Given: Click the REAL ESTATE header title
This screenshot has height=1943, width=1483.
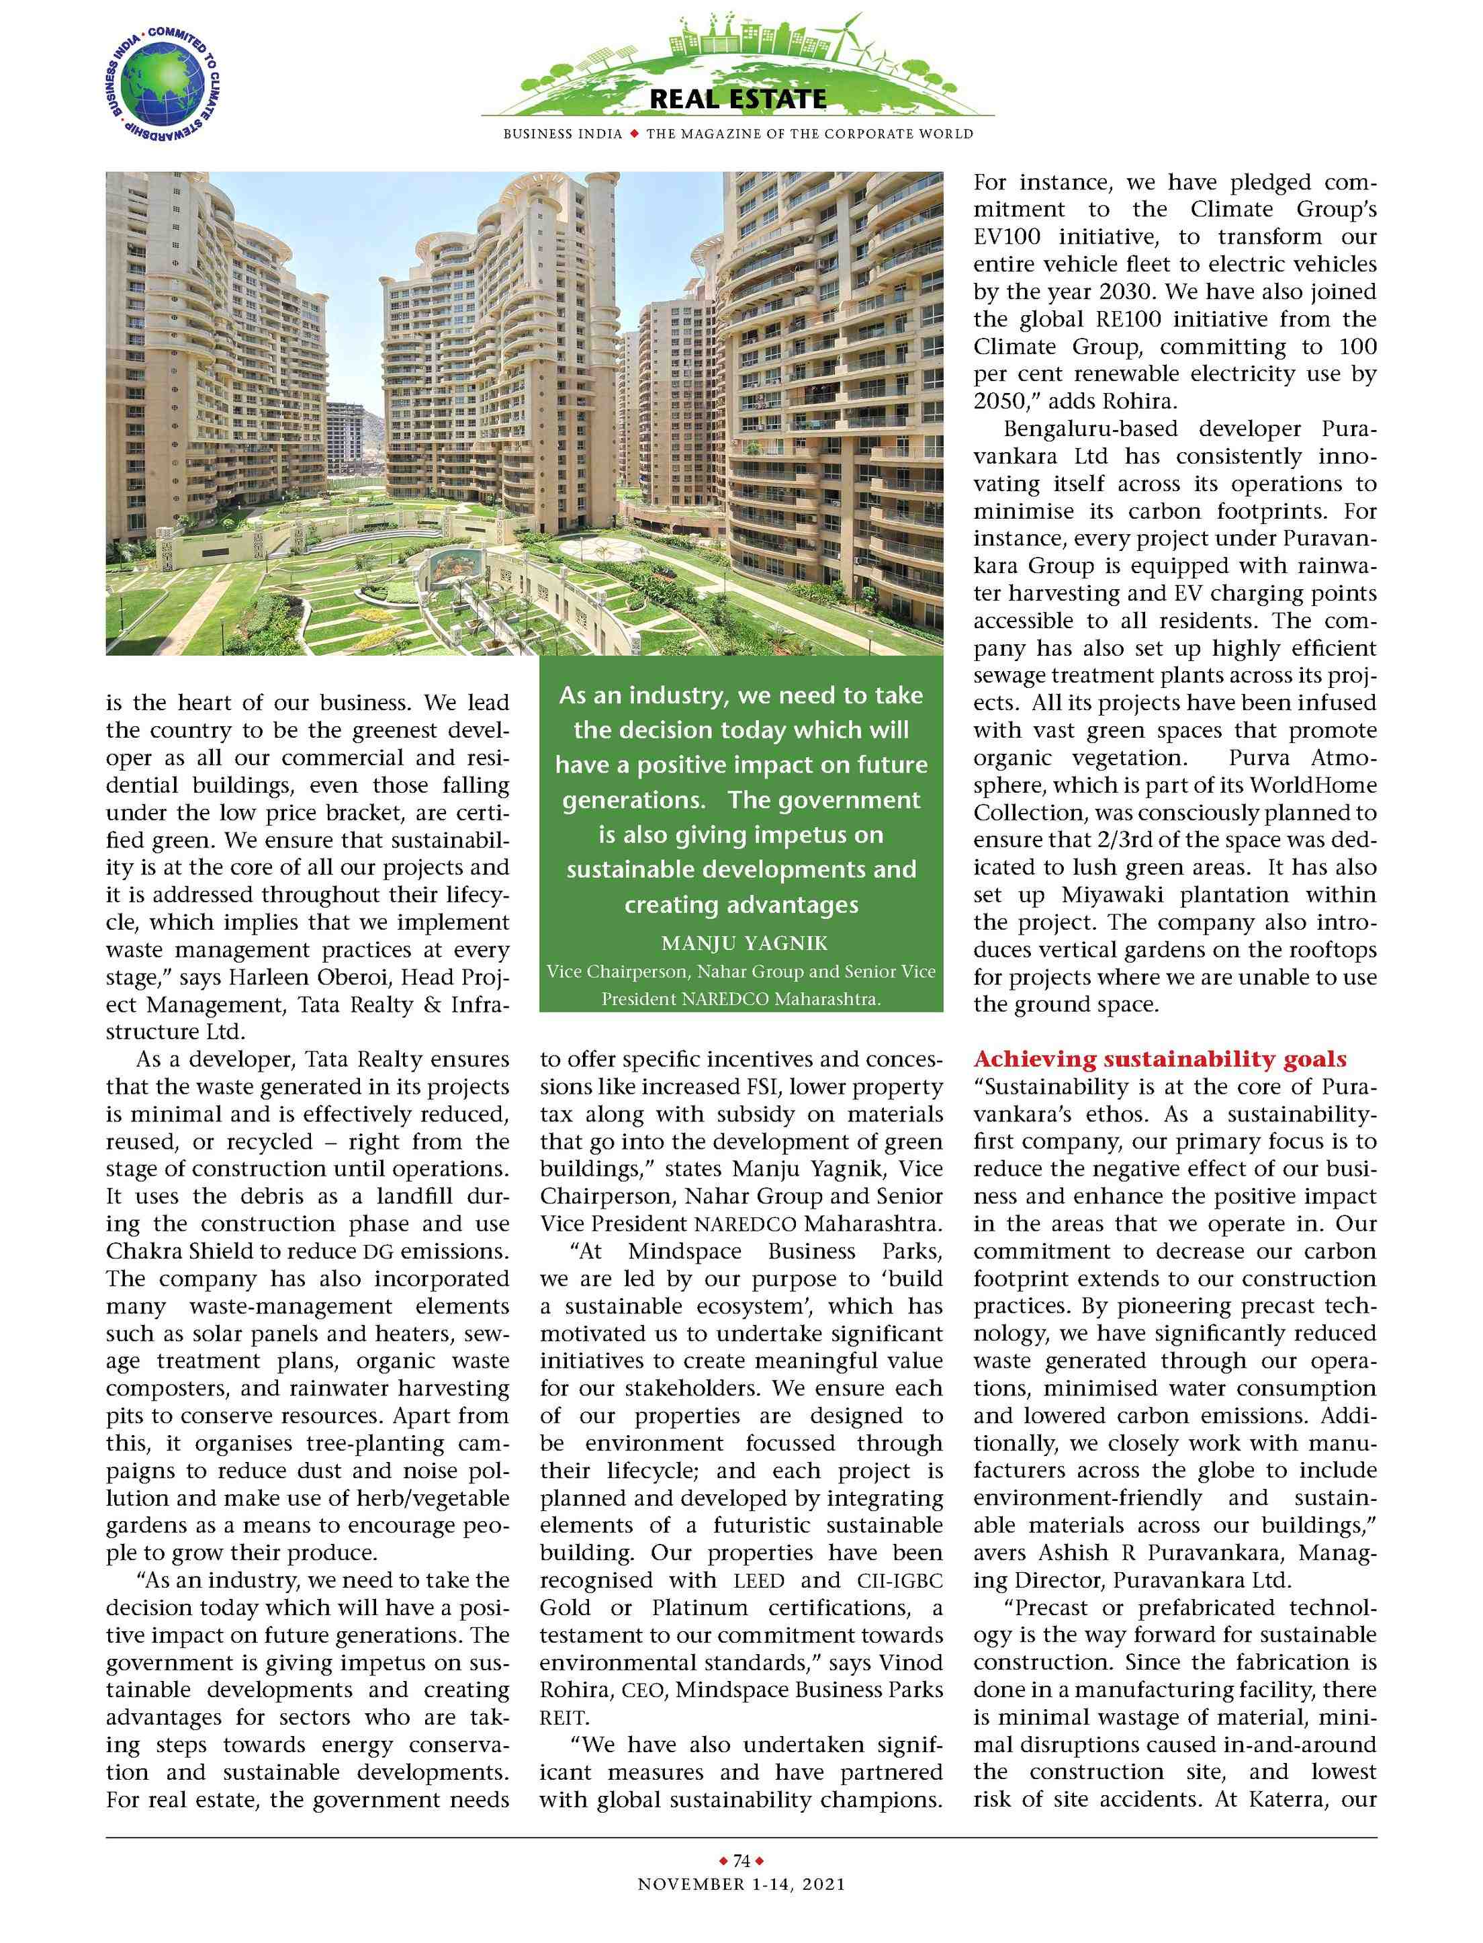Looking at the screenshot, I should tap(738, 99).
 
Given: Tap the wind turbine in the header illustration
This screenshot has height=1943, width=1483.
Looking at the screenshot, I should tap(853, 36).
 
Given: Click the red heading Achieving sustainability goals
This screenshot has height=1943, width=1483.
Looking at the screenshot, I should tap(1161, 1060).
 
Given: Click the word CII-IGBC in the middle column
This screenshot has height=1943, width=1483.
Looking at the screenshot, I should tap(899, 1581).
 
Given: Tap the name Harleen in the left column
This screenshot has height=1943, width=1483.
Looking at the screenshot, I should tap(261, 978).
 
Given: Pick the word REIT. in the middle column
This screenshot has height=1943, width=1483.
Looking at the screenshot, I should tap(565, 1718).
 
